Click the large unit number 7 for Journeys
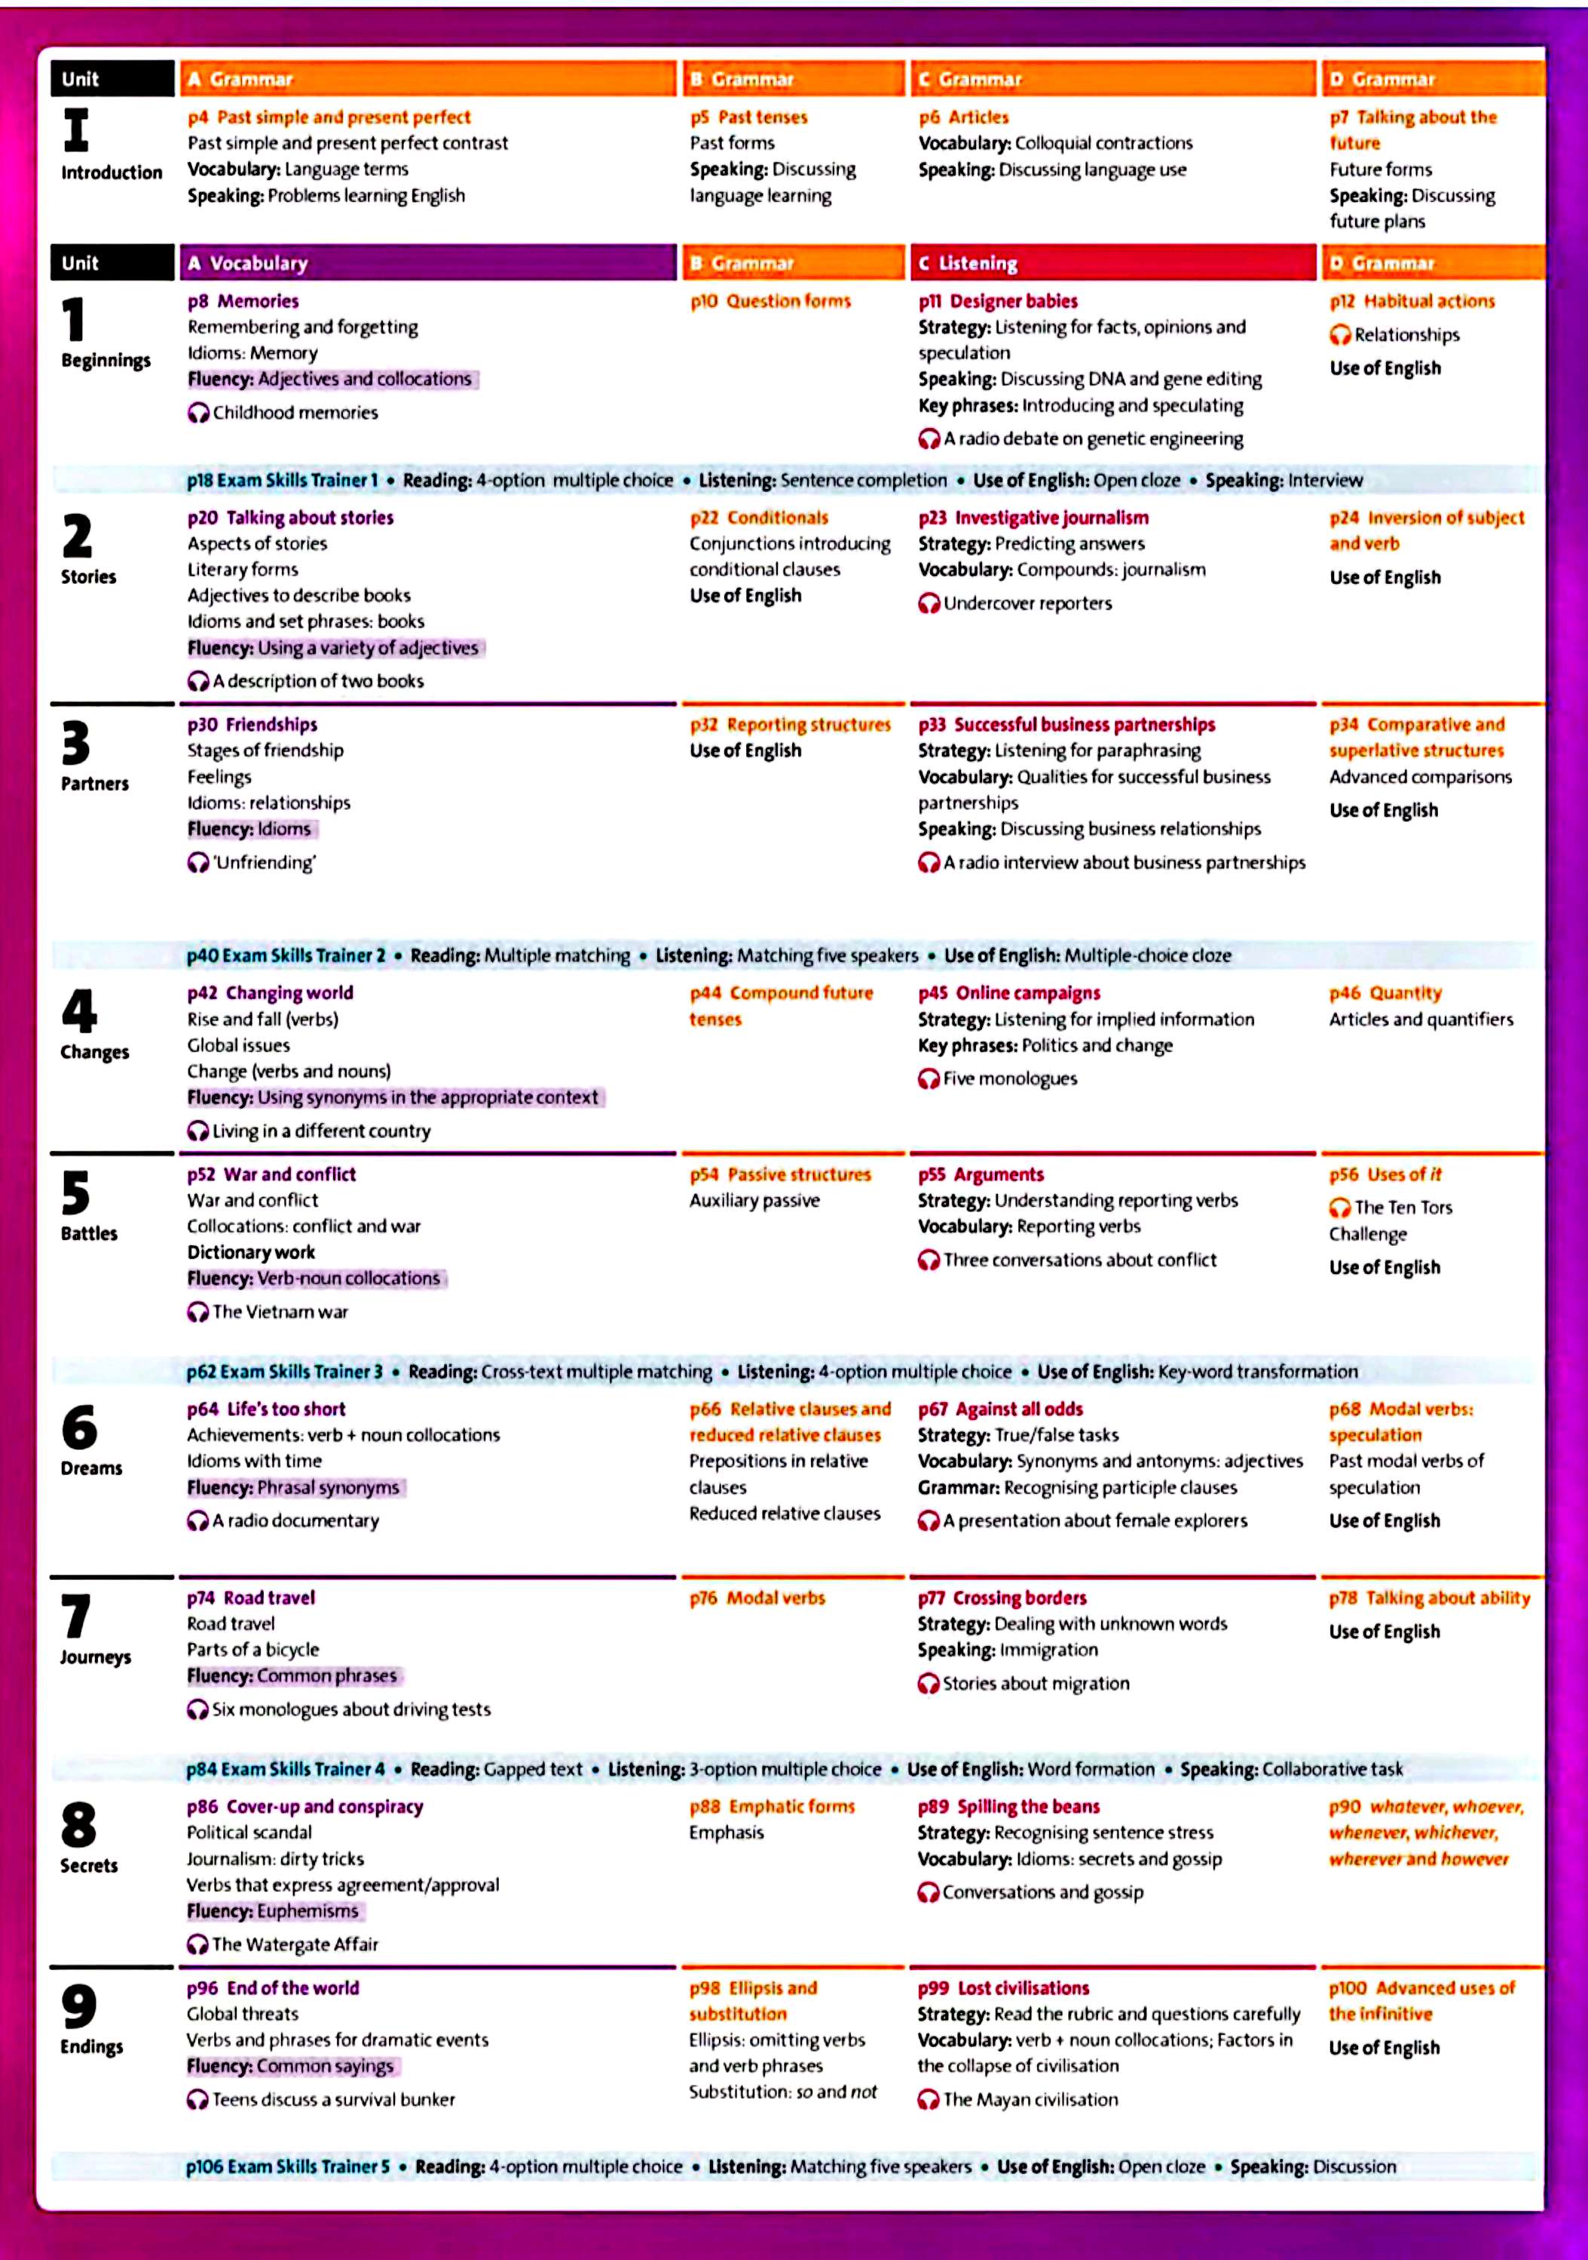(76, 1615)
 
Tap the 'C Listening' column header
(1112, 263)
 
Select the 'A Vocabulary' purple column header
(427, 263)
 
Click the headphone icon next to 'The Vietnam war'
(198, 1312)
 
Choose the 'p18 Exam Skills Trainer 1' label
(283, 481)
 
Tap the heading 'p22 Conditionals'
(759, 518)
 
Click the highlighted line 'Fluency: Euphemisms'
(274, 1910)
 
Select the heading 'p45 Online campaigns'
(1009, 993)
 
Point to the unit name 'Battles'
(89, 1233)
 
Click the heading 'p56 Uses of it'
(1385, 1174)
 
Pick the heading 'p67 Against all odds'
(999, 1409)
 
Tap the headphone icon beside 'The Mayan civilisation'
(927, 2100)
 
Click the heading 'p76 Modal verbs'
(757, 1598)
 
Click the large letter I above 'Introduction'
(76, 130)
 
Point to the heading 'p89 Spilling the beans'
(1008, 1806)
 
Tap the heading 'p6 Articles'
(963, 117)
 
